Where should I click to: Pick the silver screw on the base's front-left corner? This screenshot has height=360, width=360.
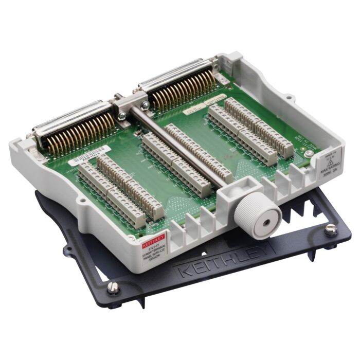pos(113,287)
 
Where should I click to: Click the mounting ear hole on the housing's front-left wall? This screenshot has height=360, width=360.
pos(82,200)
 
